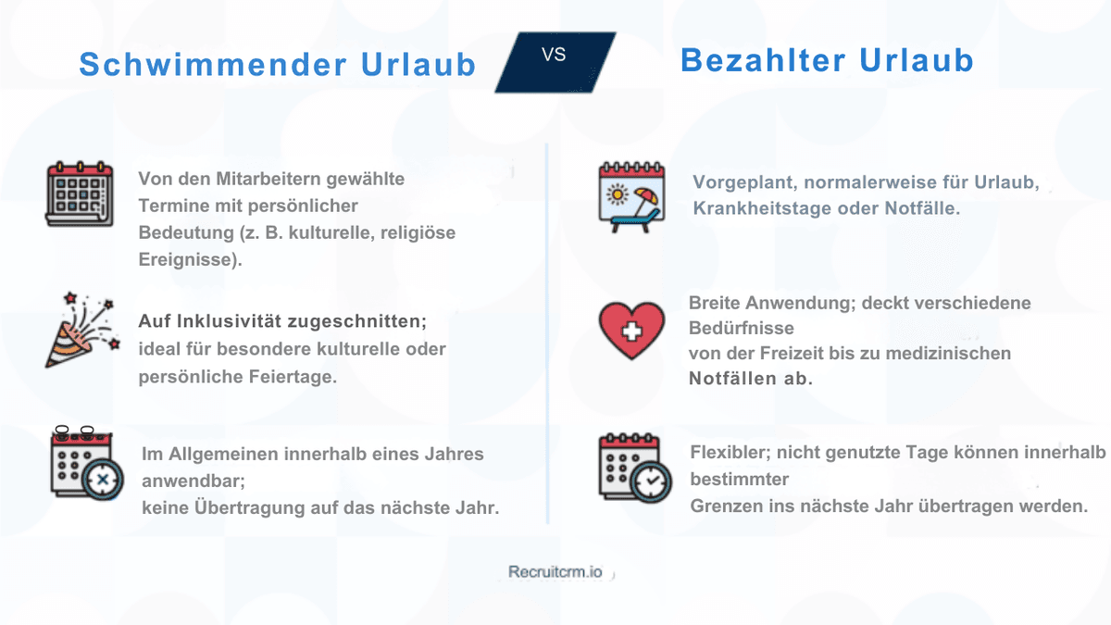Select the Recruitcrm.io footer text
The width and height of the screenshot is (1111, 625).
[555, 571]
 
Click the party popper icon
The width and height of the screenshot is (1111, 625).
[78, 330]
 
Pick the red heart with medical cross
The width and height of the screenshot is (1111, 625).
[631, 330]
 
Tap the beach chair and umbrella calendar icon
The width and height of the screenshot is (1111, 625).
[633, 196]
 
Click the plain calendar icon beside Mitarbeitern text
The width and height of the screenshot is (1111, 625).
[79, 194]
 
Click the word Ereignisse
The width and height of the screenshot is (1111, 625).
[186, 259]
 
